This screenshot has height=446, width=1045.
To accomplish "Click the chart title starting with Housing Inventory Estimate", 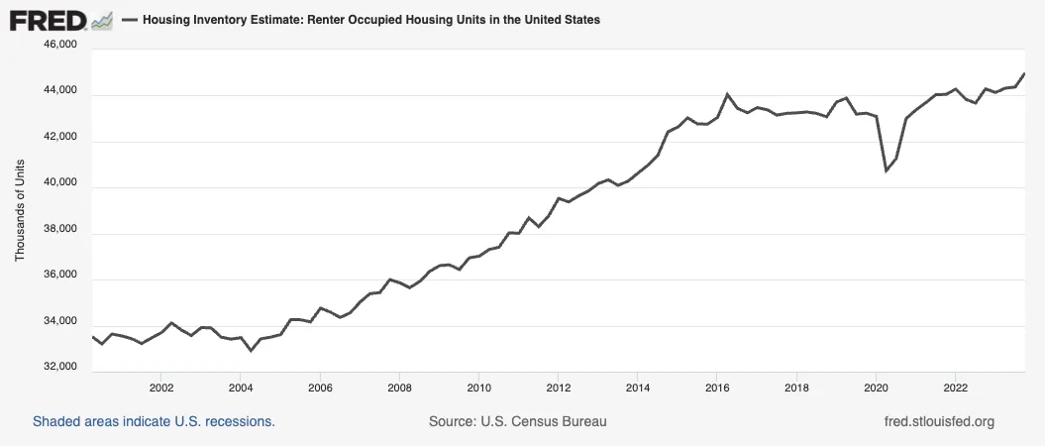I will (x=370, y=20).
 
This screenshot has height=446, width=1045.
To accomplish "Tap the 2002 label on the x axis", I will (x=161, y=387).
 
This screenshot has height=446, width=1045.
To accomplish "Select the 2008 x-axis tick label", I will (x=399, y=387).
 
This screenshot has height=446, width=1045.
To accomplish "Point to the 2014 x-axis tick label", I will (x=638, y=387).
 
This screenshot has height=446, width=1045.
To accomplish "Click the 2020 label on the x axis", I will (x=877, y=387).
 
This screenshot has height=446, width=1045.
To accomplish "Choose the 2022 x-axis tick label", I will (x=956, y=387).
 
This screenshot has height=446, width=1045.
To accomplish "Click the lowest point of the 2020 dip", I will (x=887, y=170).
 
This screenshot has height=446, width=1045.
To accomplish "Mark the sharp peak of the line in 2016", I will (x=728, y=94).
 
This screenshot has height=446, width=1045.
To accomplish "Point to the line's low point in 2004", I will (x=251, y=351).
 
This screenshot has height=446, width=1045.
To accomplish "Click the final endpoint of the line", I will (x=1024, y=73).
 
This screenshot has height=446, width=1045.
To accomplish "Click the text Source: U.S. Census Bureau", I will (x=517, y=421).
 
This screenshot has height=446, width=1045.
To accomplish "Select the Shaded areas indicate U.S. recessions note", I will (x=154, y=421).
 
